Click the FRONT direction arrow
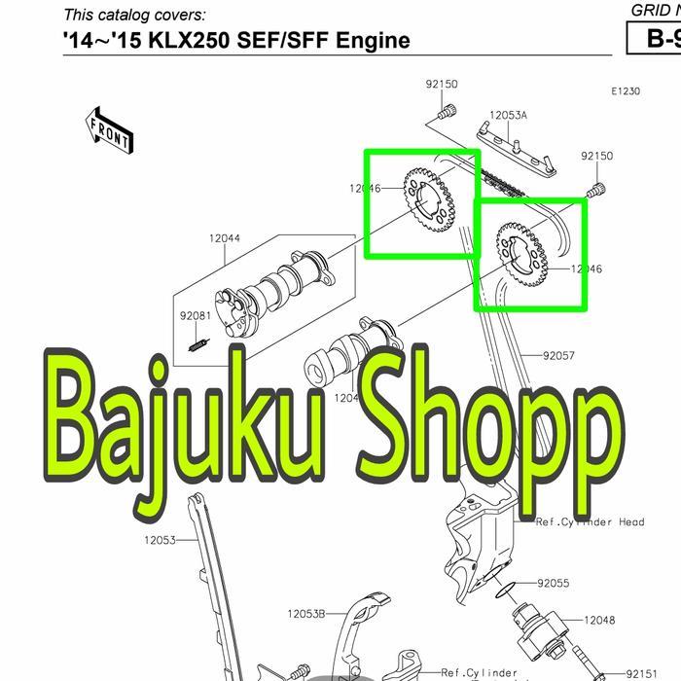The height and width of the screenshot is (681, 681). tap(110, 130)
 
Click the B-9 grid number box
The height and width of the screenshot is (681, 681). tap(655, 39)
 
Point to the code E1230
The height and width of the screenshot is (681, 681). tap(626, 91)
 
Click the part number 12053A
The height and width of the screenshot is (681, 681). tap(508, 115)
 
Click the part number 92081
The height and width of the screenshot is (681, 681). tap(195, 316)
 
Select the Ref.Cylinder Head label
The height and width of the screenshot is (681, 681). tap(590, 522)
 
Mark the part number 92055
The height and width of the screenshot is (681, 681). tap(554, 584)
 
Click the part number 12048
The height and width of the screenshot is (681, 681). tap(599, 620)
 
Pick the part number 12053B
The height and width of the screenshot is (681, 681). tap(306, 614)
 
